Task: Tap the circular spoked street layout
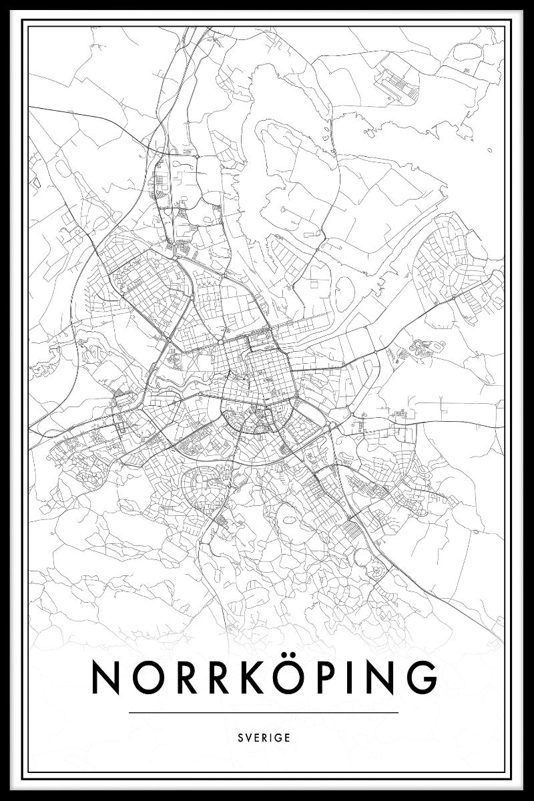point(376,569)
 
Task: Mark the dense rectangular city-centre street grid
point(267,374)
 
